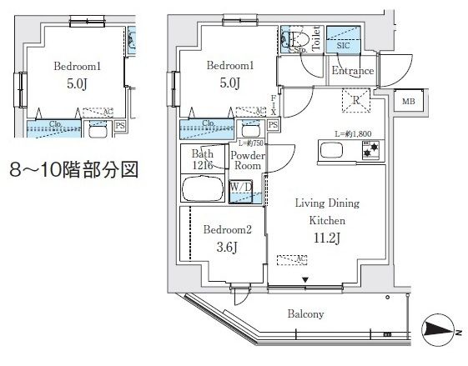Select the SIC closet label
point(343,46)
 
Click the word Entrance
point(352,71)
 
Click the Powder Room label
point(247,160)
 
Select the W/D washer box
point(242,189)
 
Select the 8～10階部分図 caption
point(72,170)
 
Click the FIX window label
point(273,105)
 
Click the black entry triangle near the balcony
point(306,279)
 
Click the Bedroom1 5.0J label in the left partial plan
point(77,75)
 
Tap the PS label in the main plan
point(273,125)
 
